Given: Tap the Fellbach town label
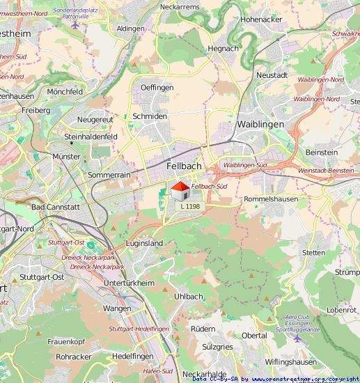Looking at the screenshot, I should [x=185, y=166].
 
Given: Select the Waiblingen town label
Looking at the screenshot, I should [x=260, y=123].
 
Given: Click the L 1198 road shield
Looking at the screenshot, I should [x=190, y=206].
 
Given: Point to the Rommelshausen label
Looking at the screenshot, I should [x=271, y=198].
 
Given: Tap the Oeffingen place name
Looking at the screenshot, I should [x=157, y=87].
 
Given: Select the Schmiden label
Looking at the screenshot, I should [x=150, y=116].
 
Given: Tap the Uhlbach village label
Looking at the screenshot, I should [x=187, y=296].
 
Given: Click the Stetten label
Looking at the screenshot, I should [x=314, y=252].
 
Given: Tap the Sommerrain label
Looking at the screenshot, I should [x=109, y=175].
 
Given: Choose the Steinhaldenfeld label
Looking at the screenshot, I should [x=90, y=137].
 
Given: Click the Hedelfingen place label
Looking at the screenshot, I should [x=132, y=356].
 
